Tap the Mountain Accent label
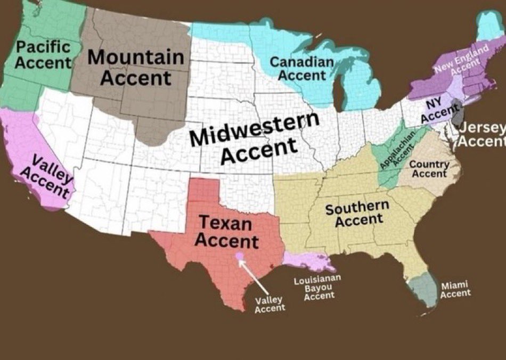click(136, 68)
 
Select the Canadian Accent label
click(302, 69)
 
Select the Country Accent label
click(429, 169)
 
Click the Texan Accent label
click(226, 231)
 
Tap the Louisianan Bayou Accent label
click(318, 288)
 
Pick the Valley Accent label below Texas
click(270, 304)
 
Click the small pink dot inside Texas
click(240, 256)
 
